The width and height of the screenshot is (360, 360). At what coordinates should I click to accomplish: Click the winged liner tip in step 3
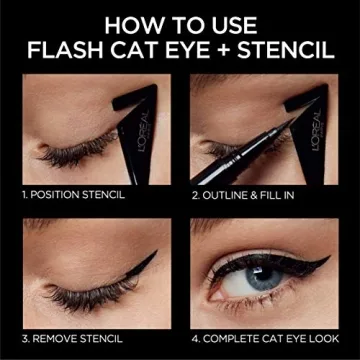(148, 261)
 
